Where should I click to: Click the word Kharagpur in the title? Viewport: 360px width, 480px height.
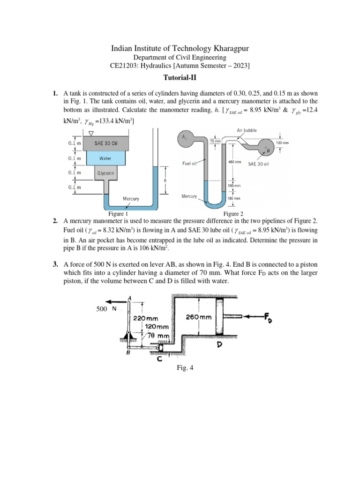(x=227, y=48)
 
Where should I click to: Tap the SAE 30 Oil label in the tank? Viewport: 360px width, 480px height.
(x=108, y=143)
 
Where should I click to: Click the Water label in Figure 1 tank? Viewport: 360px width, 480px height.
(x=105, y=159)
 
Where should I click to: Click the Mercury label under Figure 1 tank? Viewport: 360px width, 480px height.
(x=131, y=199)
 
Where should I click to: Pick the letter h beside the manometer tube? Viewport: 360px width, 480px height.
(x=165, y=180)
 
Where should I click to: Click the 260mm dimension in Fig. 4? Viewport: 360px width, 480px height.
(x=199, y=317)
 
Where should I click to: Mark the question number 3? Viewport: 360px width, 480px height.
(x=55, y=265)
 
